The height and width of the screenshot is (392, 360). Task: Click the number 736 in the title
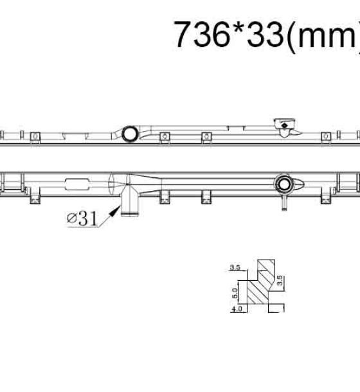point(202,34)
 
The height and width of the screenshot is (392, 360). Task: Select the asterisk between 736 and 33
point(238,28)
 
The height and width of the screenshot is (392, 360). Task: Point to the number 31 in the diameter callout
point(88,218)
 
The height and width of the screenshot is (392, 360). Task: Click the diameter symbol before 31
point(72,218)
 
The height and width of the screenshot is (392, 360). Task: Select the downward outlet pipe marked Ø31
point(129,200)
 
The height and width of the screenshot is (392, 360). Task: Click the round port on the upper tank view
point(130,134)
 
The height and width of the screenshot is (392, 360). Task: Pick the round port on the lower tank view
point(284,184)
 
